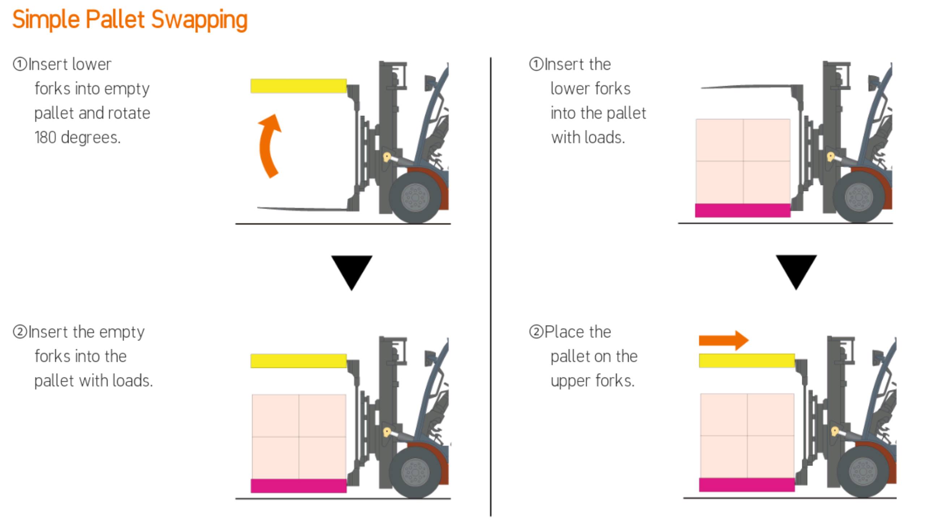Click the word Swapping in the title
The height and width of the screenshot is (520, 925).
(199, 20)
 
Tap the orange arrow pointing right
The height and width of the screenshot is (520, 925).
(724, 340)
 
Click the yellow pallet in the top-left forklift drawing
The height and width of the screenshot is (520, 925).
(298, 86)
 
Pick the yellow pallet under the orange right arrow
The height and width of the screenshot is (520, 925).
(747, 360)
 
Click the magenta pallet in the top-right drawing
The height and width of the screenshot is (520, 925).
(743, 210)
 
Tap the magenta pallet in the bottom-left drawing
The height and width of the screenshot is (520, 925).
(298, 486)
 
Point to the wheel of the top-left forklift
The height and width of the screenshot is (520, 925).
(415, 198)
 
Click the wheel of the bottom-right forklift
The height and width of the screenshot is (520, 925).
(864, 472)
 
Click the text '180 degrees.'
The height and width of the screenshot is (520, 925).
(78, 137)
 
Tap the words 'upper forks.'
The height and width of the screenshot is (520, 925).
(593, 381)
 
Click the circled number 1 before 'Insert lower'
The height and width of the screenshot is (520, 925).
(20, 64)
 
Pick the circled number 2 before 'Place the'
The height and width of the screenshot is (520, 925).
(536, 331)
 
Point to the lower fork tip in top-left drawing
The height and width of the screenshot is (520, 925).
(258, 208)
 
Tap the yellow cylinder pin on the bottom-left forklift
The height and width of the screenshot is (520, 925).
(387, 432)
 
